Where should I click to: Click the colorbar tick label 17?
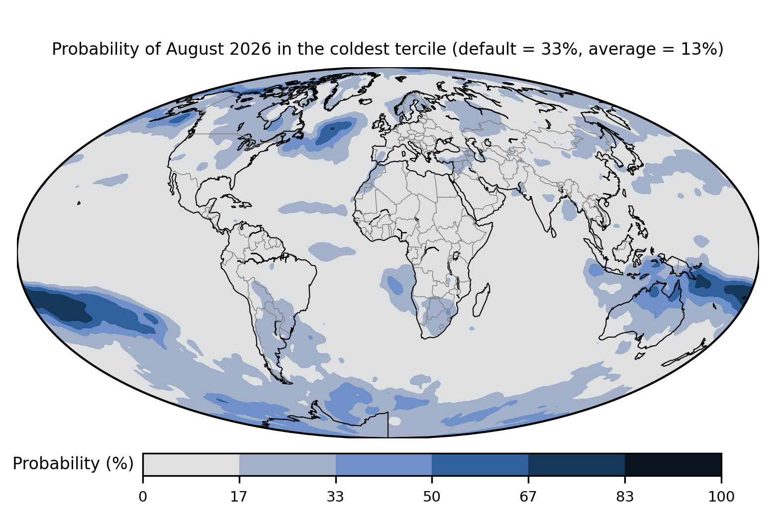239,497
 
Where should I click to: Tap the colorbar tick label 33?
335,497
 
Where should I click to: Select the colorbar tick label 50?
432,497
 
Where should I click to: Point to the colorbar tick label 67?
528,497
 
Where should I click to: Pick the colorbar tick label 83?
625,497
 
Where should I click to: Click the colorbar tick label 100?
721,497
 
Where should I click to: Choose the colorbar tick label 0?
143,497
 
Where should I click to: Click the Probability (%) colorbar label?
73,464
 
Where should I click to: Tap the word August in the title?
194,49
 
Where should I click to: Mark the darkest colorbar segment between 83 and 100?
673,464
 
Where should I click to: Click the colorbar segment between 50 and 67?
480,464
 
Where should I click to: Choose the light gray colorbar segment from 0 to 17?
191,464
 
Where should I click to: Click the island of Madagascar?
482,300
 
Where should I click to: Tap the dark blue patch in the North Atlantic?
333,132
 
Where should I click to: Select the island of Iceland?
365,102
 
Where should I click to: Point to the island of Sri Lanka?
553,232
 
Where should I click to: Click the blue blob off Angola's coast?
395,285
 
